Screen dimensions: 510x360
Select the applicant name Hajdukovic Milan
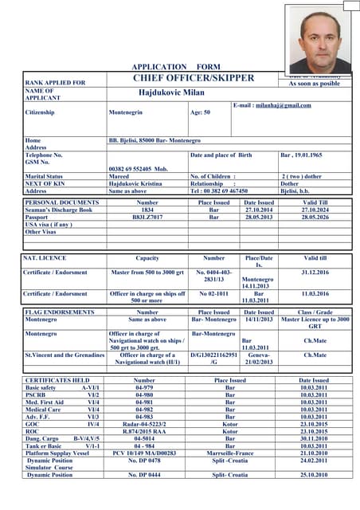[x=171, y=92]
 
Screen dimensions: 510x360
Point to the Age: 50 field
[x=200, y=112]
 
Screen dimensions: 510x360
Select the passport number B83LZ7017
[x=147, y=217]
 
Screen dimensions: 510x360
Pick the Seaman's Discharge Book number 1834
[x=147, y=210]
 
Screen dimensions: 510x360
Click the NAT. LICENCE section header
[x=45, y=258]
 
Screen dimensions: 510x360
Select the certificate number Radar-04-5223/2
[x=144, y=424]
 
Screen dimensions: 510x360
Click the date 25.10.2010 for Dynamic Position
[x=314, y=474]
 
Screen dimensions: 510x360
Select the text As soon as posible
[x=314, y=83]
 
